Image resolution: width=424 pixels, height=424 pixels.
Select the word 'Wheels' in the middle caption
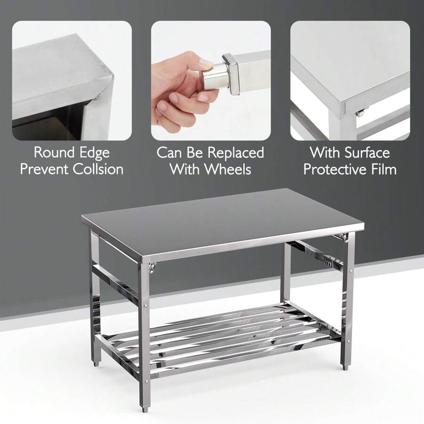pyautogui.click(x=228, y=169)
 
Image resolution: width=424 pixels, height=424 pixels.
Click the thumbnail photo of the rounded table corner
pyautogui.click(x=72, y=81)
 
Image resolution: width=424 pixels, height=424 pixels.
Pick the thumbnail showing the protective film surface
pyautogui.click(x=350, y=81)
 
